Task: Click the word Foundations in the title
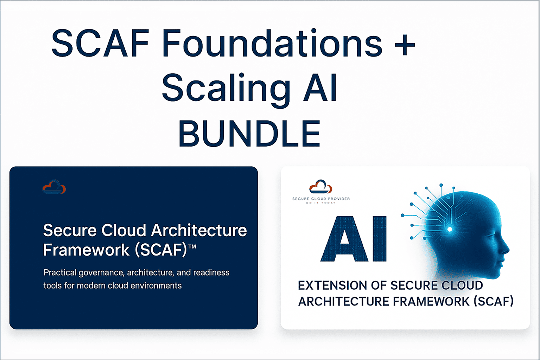click(x=272, y=44)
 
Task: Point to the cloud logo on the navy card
click(x=54, y=187)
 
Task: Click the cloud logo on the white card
click(x=320, y=187)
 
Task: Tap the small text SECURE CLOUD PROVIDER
click(x=321, y=199)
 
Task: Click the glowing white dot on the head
click(x=450, y=230)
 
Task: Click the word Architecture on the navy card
click(x=199, y=231)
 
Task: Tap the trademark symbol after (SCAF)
click(x=192, y=247)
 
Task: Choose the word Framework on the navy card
click(x=86, y=250)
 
